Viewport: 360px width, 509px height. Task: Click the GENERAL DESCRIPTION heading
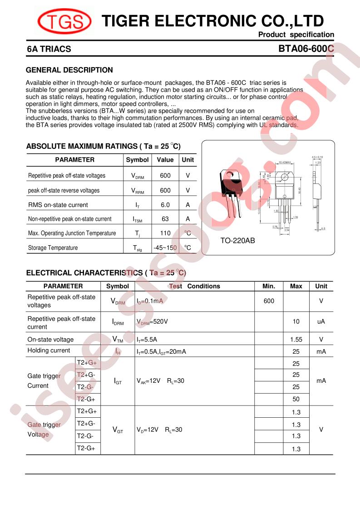(x=69, y=70)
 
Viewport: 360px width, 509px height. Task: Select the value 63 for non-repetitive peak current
(x=165, y=219)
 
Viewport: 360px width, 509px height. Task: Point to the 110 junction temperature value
(x=165, y=233)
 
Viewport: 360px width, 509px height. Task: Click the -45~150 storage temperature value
(x=165, y=248)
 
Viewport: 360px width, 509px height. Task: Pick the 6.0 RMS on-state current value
(x=165, y=205)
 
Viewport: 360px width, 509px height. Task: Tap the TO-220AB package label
(x=237, y=241)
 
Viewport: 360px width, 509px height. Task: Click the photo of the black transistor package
(x=231, y=188)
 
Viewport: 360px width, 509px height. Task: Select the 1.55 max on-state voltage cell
(x=296, y=339)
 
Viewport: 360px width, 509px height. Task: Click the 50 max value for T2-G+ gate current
(x=296, y=399)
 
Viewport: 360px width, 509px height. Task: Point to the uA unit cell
(x=321, y=321)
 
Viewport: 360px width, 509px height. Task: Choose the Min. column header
(x=269, y=286)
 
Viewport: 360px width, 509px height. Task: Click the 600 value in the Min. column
(x=269, y=301)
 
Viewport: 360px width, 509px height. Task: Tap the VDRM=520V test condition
(x=152, y=321)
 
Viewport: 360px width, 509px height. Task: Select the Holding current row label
(x=49, y=351)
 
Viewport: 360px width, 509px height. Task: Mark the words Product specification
(x=296, y=35)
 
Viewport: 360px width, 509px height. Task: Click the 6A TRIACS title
(x=49, y=49)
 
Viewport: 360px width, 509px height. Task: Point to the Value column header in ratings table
(x=165, y=160)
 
